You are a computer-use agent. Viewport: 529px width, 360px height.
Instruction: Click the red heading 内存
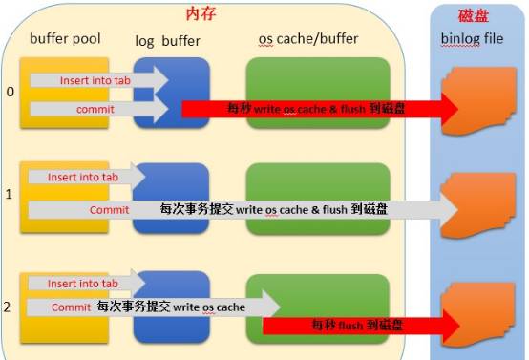click(x=202, y=14)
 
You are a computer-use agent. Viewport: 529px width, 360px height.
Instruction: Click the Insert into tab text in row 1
click(x=81, y=178)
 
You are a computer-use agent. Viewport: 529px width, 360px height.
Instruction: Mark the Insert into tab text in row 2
click(x=81, y=284)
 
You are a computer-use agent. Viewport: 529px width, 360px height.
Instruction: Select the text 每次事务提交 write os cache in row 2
click(x=170, y=307)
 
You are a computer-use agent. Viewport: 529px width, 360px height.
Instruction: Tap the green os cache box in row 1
click(x=318, y=182)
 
